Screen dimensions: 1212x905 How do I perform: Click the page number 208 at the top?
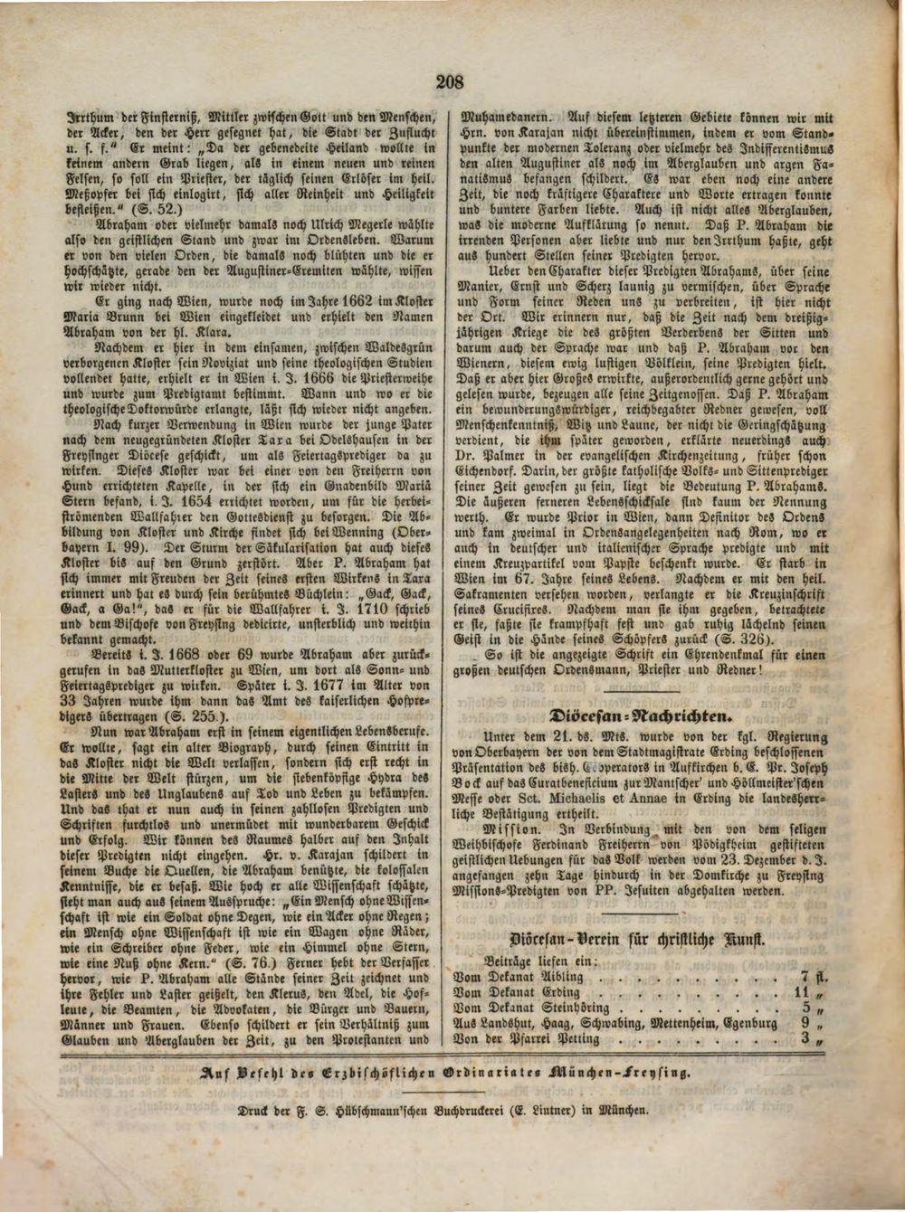pyautogui.click(x=450, y=82)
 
